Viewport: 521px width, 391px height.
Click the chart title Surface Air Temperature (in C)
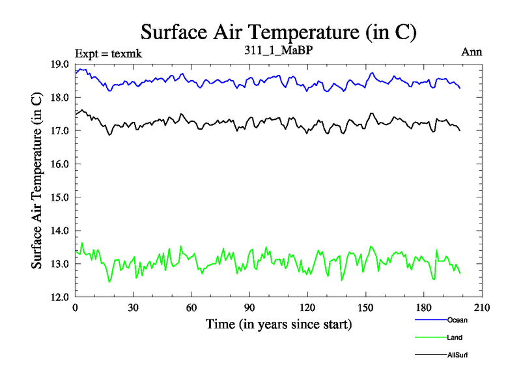tap(278, 32)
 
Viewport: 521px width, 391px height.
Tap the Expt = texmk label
tap(108, 53)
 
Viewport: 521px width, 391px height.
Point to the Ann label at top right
tap(472, 52)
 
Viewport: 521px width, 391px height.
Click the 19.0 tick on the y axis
tap(63, 64)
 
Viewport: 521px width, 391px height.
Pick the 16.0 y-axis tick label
tap(63, 164)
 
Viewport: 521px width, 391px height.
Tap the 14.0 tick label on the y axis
tap(63, 230)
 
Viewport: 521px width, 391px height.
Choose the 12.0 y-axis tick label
tap(63, 297)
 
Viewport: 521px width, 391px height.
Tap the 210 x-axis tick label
tap(481, 308)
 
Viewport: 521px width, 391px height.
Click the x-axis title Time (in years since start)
tap(279, 324)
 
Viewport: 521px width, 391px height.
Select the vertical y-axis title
tap(38, 181)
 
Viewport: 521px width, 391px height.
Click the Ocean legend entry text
tap(457, 320)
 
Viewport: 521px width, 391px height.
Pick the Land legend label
tap(455, 338)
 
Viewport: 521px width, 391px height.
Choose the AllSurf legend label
tap(458, 355)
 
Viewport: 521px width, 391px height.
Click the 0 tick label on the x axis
tap(75, 308)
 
